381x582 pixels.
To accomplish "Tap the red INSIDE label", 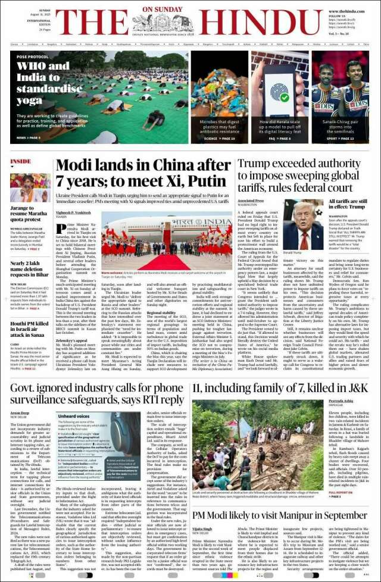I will pos(21,161).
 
